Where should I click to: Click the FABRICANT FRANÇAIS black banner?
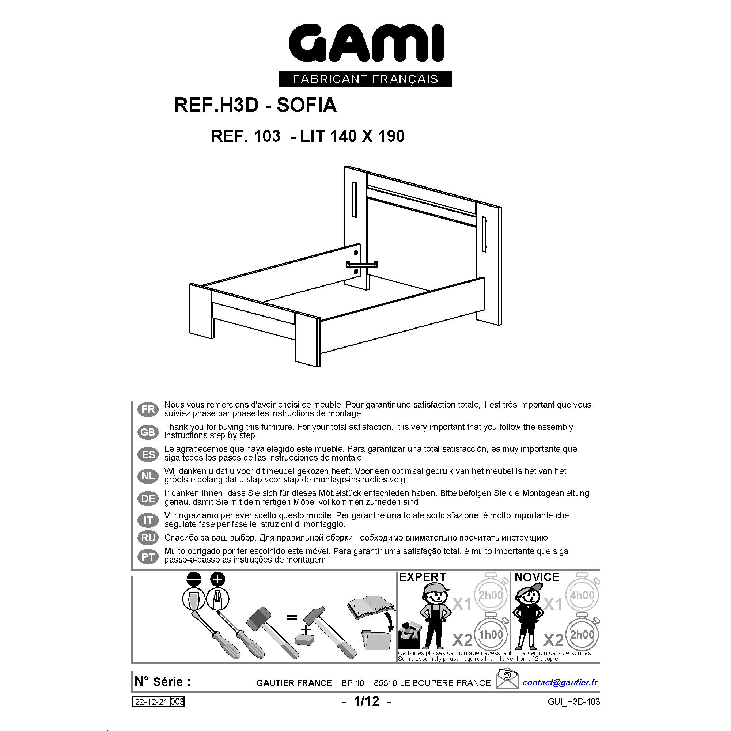pos(365,79)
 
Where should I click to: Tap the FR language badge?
pos(148,409)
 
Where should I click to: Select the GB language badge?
pos(148,432)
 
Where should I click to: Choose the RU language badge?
pos(148,538)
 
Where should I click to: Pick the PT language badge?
pos(148,557)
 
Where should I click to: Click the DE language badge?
pos(148,498)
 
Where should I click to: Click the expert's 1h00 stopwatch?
pos(491,634)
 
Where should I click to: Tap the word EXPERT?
pos(423,577)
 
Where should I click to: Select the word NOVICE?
pos(537,577)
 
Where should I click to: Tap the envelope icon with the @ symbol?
pos(507,678)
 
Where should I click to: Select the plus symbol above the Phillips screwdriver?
pos(217,579)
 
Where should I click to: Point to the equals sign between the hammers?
pos(292,618)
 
